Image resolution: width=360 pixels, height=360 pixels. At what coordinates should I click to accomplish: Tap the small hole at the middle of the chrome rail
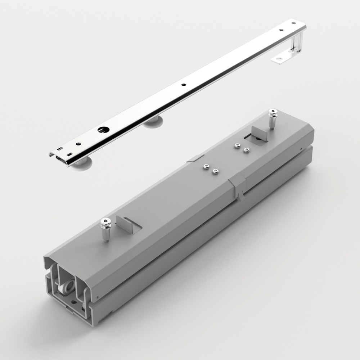tap(184, 85)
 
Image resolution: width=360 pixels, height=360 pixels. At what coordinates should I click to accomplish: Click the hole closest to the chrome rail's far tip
tap(293, 23)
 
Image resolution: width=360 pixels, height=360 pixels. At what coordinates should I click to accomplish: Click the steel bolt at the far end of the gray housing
tap(273, 118)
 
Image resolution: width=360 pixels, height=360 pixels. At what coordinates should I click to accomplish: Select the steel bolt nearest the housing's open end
tap(105, 229)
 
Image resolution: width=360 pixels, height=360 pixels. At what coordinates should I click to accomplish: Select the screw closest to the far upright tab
tap(247, 150)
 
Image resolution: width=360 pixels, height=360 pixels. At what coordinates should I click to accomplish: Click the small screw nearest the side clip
tap(216, 171)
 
